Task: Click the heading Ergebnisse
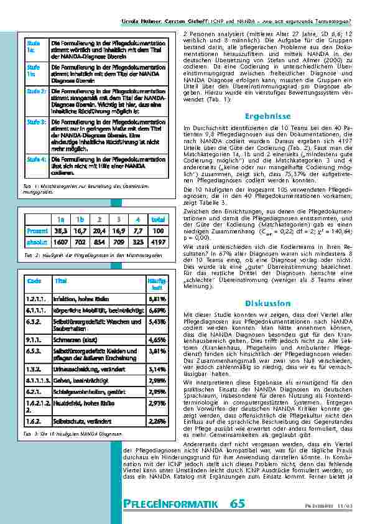(267, 116)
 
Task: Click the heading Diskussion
(267, 303)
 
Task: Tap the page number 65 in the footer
(237, 504)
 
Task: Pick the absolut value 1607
(60, 241)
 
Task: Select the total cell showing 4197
(158, 241)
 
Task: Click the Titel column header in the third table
(61, 281)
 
